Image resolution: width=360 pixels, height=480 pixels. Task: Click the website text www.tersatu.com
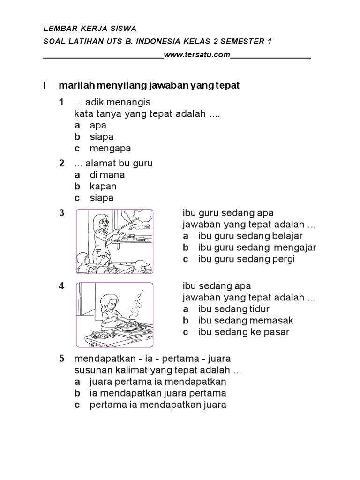click(197, 55)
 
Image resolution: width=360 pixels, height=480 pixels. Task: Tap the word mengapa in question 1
click(110, 148)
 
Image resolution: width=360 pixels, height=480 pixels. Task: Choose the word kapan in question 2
click(103, 186)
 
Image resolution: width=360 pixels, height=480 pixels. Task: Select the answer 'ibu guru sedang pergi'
click(246, 259)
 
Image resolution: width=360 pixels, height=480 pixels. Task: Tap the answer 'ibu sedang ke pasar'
click(244, 332)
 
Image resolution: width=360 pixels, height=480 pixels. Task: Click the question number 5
click(61, 359)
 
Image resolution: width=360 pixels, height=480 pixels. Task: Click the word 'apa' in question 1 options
click(98, 125)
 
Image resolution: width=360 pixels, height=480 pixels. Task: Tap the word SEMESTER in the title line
click(239, 42)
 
